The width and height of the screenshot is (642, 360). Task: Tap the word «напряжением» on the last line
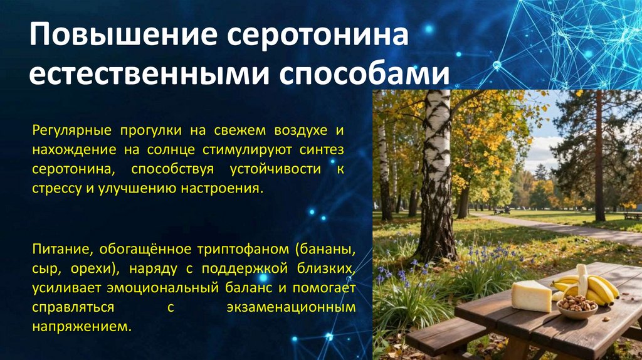(80, 327)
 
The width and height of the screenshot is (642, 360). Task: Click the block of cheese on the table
(530, 296)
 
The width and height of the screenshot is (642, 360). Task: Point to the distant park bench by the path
(632, 214)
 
